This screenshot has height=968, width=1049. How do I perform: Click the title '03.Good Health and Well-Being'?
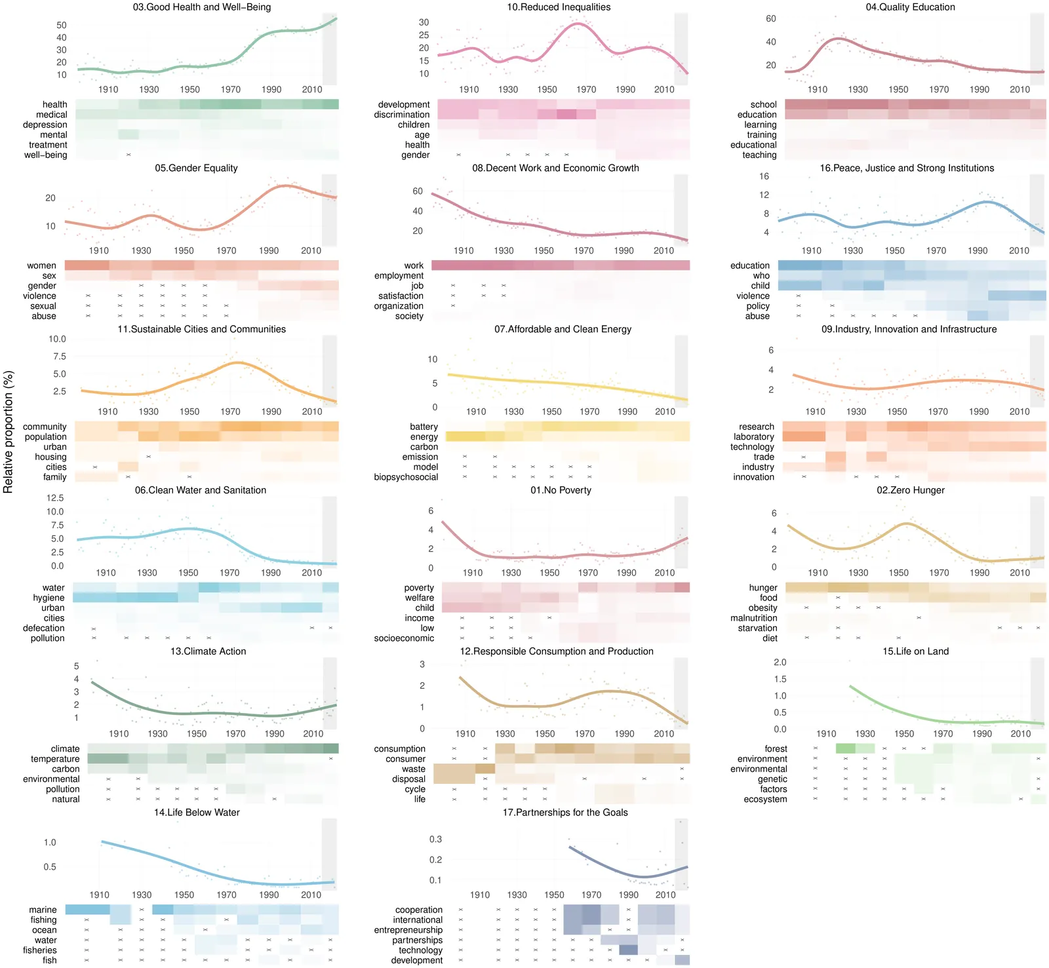coord(201,7)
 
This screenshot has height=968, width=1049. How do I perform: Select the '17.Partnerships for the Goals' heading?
coord(564,813)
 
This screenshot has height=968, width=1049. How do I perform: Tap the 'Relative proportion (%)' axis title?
coord(9,432)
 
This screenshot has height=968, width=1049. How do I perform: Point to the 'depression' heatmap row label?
coord(45,125)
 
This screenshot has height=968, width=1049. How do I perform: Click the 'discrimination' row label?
coord(401,115)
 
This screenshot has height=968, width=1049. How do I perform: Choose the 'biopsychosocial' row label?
coord(405,477)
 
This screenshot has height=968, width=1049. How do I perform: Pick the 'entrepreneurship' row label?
coord(408,930)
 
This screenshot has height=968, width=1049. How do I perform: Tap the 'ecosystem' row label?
coord(765,800)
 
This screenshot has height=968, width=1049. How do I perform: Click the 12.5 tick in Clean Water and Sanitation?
coord(55,498)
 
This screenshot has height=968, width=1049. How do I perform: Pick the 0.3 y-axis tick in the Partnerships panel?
coord(435,840)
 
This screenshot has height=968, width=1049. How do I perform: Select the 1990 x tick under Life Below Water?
coord(269,895)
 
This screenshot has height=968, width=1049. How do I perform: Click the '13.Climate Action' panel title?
coord(208,651)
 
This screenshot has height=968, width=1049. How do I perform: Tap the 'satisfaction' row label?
coord(401,296)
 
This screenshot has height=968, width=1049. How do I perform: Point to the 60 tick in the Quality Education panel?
coord(770,19)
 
